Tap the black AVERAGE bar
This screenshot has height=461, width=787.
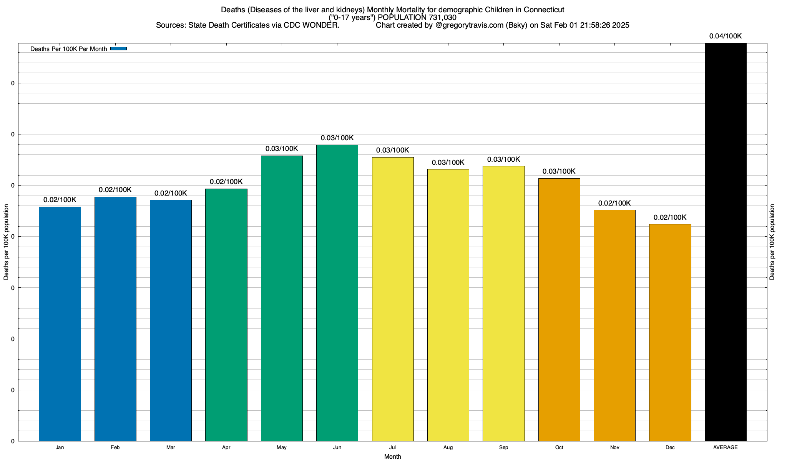click(x=726, y=242)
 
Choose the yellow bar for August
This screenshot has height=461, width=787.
click(x=448, y=305)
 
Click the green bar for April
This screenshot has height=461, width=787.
click(x=226, y=315)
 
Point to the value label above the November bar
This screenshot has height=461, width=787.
click(x=614, y=203)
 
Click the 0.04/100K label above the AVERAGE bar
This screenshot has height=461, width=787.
click(x=726, y=36)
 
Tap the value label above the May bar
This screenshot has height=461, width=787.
click(x=282, y=149)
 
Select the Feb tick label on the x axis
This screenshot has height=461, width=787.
click(x=115, y=447)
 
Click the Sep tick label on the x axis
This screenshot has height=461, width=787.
click(x=503, y=447)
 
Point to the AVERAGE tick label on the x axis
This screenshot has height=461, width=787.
click(x=726, y=447)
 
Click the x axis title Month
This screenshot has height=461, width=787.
click(x=392, y=456)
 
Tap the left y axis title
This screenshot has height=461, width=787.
click(x=6, y=242)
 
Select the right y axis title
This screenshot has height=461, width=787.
click(x=772, y=242)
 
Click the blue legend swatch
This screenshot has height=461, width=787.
click(x=118, y=49)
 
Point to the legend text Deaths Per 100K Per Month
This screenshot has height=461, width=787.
click(x=68, y=49)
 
